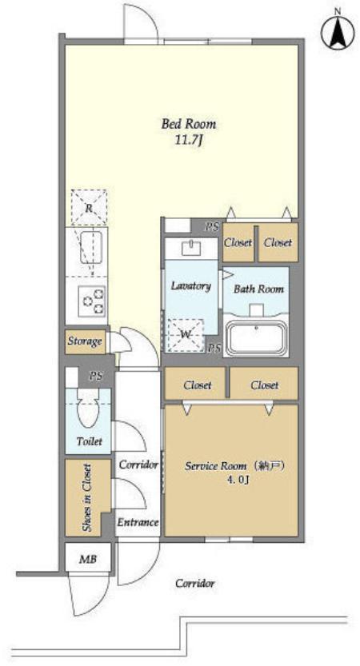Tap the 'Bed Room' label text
point(188,124)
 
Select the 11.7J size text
point(188,141)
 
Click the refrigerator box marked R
point(89,207)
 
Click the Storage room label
point(85,341)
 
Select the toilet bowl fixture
point(88,409)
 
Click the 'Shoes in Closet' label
point(86,497)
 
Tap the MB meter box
point(88,559)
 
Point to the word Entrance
point(138,522)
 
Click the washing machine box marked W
point(186,335)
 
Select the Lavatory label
point(191,285)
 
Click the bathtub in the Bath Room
point(257,338)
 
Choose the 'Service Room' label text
point(215,466)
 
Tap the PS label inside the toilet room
point(96,376)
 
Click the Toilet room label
point(90,441)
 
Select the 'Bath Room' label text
point(258,289)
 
